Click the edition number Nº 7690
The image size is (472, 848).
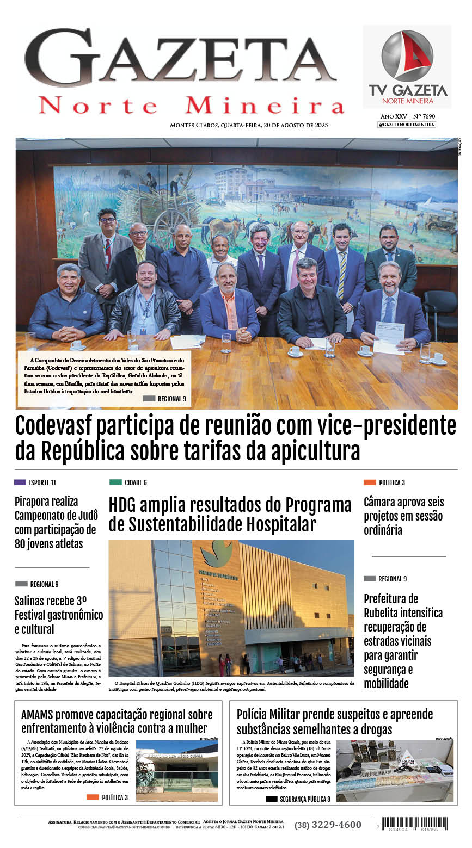coord(424,116)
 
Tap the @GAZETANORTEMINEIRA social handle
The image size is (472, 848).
coord(407,125)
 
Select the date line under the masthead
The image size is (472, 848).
coord(249,125)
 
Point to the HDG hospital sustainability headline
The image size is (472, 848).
coord(230,515)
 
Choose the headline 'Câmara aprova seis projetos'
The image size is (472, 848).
coord(403,516)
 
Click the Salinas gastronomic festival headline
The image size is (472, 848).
coord(58,615)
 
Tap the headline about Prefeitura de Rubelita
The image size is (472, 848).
coord(403,641)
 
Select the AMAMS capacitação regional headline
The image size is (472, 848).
coord(117,721)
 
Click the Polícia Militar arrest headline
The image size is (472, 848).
coord(335,721)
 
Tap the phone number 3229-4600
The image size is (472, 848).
coord(328,825)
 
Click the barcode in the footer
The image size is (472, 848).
coord(414,823)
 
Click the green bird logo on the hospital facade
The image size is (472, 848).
coord(216,553)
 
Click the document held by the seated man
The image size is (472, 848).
coord(389,337)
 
